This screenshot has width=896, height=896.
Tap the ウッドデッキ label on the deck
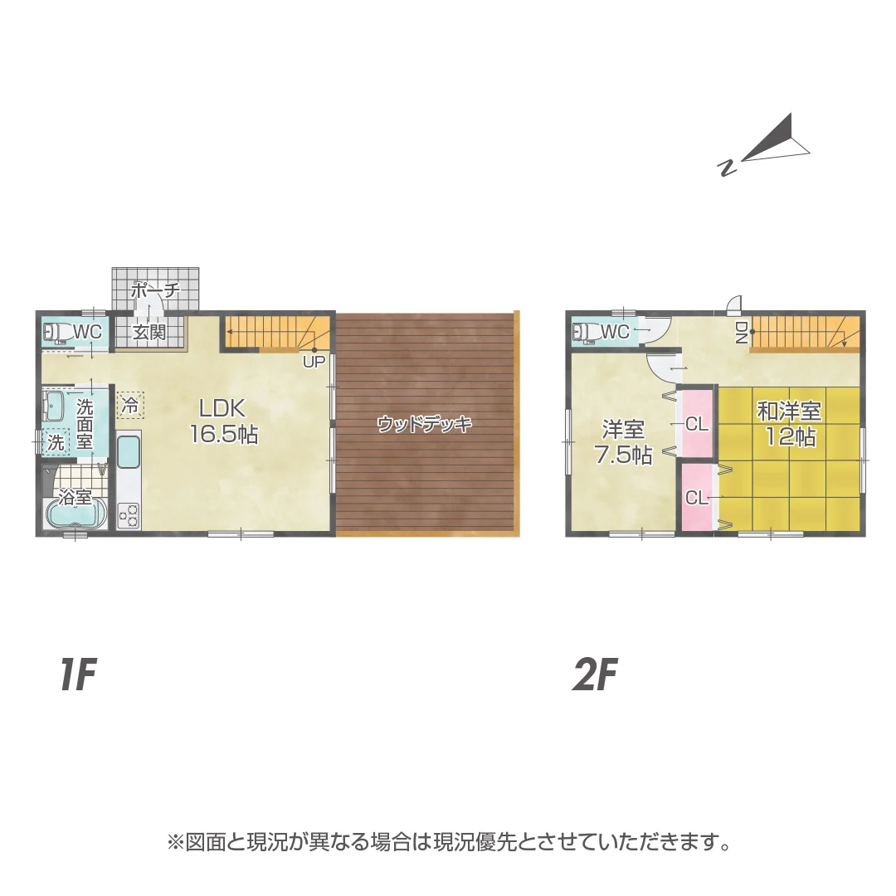coord(424,425)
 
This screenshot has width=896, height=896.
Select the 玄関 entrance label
coord(151,333)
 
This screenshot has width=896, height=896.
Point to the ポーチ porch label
coord(155,290)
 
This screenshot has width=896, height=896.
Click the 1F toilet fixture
coord(57,332)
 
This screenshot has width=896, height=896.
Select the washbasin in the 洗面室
coord(56,407)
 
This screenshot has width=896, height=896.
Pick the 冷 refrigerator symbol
coord(130,405)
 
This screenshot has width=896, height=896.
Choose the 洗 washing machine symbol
coord(56,442)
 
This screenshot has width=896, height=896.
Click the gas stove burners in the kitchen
coord(129,515)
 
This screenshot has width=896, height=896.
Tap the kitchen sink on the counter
coord(129,454)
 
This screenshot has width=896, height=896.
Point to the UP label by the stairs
coord(313,362)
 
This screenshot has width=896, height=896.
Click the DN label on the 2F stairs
coord(741,333)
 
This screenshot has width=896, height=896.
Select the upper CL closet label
coord(697,425)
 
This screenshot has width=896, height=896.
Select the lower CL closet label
coord(697,498)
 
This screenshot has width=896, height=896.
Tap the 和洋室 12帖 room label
coord(789,423)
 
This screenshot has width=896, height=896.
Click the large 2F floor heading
coord(597,677)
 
